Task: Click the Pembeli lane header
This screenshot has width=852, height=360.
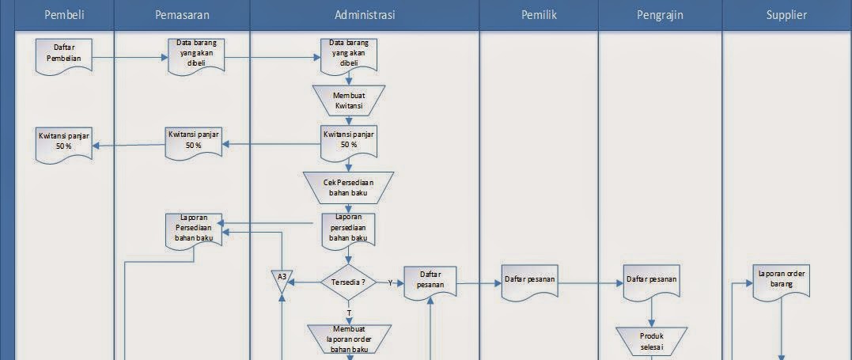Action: tap(64, 15)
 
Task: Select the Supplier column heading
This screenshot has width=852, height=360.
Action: tap(787, 15)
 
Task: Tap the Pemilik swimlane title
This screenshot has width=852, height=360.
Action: tap(539, 15)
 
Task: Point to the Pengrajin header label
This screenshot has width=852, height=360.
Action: tap(660, 15)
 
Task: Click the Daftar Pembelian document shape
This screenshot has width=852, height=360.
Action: tap(63, 56)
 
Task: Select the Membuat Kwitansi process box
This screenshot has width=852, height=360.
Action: tap(349, 100)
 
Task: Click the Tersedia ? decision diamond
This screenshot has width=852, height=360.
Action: tap(349, 282)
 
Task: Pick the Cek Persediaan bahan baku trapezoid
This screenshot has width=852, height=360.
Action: tap(349, 187)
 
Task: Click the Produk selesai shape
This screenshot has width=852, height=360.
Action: tap(651, 340)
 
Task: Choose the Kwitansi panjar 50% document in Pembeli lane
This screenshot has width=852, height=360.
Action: tap(63, 142)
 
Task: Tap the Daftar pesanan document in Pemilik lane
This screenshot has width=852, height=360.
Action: tap(531, 281)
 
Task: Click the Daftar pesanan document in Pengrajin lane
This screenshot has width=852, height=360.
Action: tap(651, 281)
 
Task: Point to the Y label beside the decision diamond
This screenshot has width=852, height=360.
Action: tap(390, 282)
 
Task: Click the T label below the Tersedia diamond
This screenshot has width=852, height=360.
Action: tap(349, 313)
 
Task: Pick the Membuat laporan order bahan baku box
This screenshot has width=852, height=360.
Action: tap(349, 339)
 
